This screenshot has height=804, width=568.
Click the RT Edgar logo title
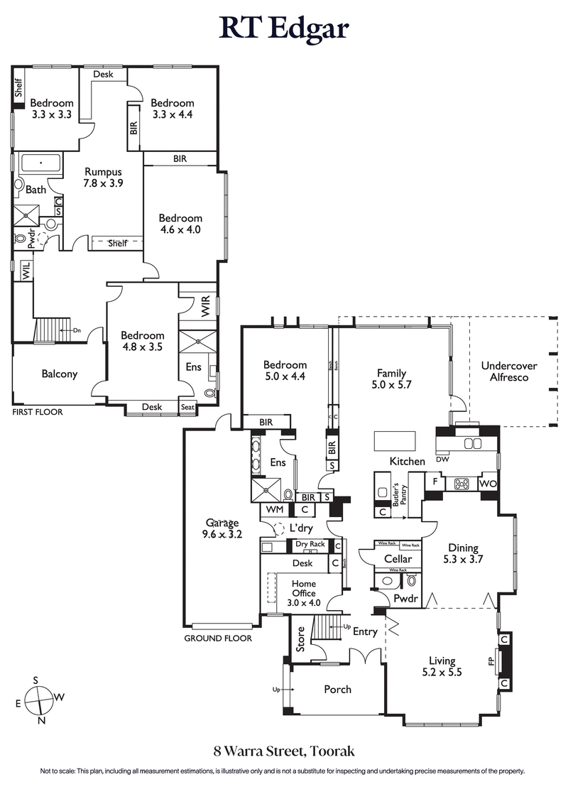[284, 29]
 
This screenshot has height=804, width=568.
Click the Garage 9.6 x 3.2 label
[222, 529]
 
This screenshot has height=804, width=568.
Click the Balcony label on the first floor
[59, 374]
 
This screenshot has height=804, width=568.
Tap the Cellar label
[398, 559]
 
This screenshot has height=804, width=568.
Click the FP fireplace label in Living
[491, 662]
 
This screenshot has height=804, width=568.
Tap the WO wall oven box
[488, 483]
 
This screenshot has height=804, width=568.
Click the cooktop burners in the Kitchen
[461, 483]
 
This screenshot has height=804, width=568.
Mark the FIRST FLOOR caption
[37, 412]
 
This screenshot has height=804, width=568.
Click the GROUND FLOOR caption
[218, 638]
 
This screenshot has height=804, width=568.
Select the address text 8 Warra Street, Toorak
[283, 750]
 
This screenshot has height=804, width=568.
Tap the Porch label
[337, 689]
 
